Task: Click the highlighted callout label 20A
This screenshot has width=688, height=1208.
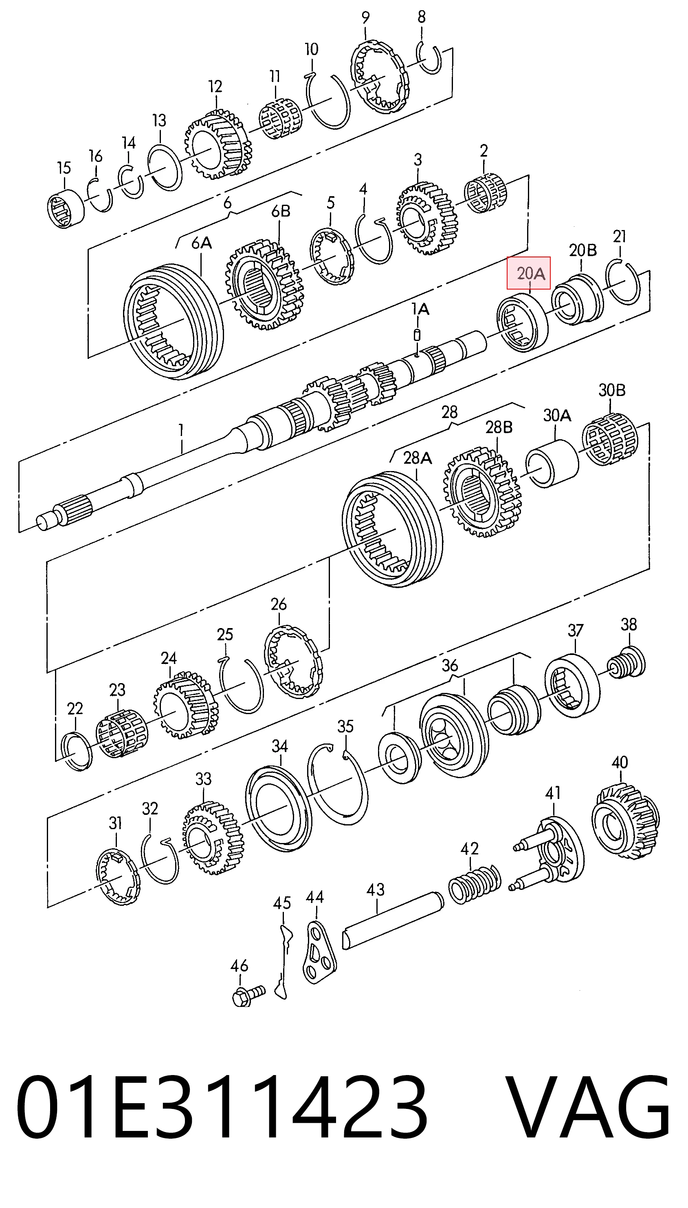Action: coord(528,273)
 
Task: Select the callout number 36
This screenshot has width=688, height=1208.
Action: coord(449,665)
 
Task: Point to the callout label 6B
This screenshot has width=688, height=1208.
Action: coord(281,211)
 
